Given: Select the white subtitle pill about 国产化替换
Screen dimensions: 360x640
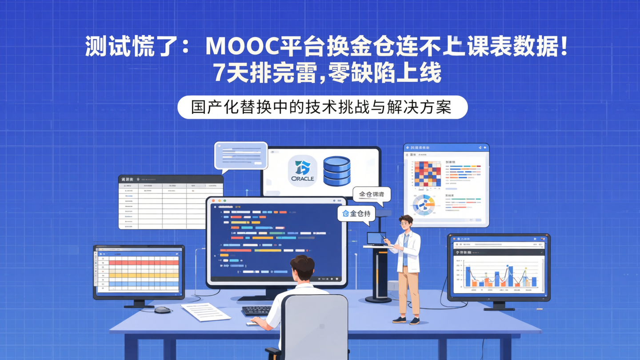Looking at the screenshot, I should [322, 108].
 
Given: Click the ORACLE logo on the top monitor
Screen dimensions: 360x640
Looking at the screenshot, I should [302, 171].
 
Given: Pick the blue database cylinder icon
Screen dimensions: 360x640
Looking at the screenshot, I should [336, 171].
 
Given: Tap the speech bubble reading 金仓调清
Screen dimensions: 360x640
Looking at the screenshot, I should [372, 195].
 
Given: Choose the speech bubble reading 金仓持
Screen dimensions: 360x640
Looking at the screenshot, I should [356, 213].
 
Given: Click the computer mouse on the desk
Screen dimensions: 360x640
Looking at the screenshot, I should [163, 310].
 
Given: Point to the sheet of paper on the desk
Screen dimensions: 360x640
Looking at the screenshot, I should [206, 311].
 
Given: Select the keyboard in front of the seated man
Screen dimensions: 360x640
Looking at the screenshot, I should [257, 310].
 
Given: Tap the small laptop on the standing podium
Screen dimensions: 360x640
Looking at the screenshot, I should [376, 239].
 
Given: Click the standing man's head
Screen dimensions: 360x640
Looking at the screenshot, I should [405, 222].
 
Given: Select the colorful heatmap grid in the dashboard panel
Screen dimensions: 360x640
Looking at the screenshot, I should [428, 174].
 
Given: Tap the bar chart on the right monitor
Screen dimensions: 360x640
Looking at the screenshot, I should [498, 276].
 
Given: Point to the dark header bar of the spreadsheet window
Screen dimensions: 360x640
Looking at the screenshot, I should [171, 179].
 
